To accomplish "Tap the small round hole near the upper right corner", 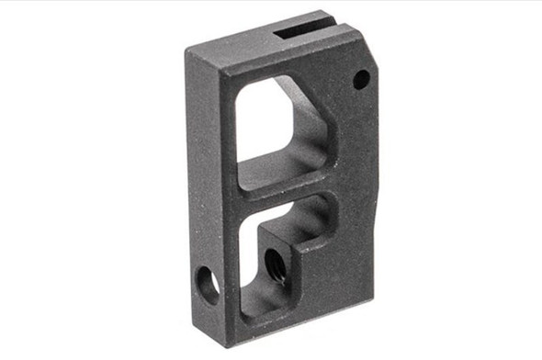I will [361, 81].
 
